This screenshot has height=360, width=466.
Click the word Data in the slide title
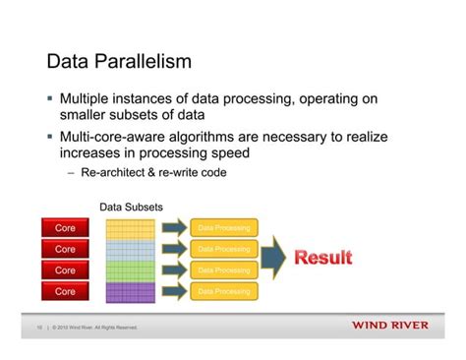(x=70, y=63)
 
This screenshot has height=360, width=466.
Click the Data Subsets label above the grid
(x=131, y=208)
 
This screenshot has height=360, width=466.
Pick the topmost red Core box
(x=64, y=228)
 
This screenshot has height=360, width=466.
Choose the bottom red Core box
(x=64, y=292)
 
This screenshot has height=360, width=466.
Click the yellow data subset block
(x=131, y=229)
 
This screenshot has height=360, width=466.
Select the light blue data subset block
(x=131, y=250)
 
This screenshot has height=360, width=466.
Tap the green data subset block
(x=131, y=270)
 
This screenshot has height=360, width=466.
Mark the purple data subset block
(x=131, y=292)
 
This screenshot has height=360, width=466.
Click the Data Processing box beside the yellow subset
(x=223, y=228)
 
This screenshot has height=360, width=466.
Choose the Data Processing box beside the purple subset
(x=223, y=292)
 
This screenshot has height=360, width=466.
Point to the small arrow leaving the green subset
(x=173, y=270)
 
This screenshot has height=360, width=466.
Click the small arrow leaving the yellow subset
(x=173, y=228)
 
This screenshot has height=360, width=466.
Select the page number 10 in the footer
(x=36, y=328)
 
